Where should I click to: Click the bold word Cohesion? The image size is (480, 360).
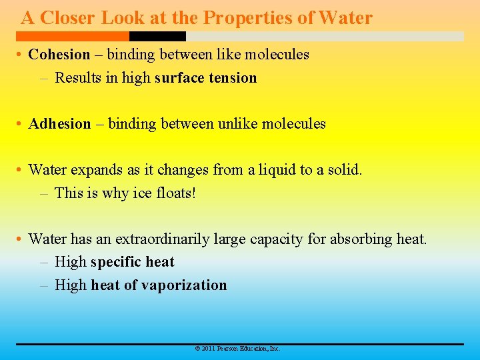(59, 55)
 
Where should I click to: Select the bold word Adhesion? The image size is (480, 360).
(59, 124)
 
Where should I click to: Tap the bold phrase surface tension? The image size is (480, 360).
(205, 78)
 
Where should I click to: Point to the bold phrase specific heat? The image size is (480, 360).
(132, 262)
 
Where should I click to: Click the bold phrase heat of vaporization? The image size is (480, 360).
(159, 285)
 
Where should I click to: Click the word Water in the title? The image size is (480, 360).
(345, 18)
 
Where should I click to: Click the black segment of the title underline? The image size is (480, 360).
(157, 36)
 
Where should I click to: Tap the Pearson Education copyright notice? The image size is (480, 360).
(237, 349)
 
